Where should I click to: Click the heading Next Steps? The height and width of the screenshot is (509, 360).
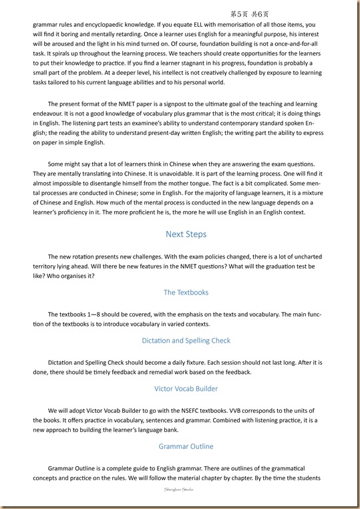point(186,234)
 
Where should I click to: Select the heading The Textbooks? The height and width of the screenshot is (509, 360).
point(186,292)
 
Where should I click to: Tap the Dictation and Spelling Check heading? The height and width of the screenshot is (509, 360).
point(186,340)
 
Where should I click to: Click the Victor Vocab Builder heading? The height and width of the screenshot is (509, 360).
point(186,388)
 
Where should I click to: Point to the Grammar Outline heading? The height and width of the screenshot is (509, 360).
point(186,446)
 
